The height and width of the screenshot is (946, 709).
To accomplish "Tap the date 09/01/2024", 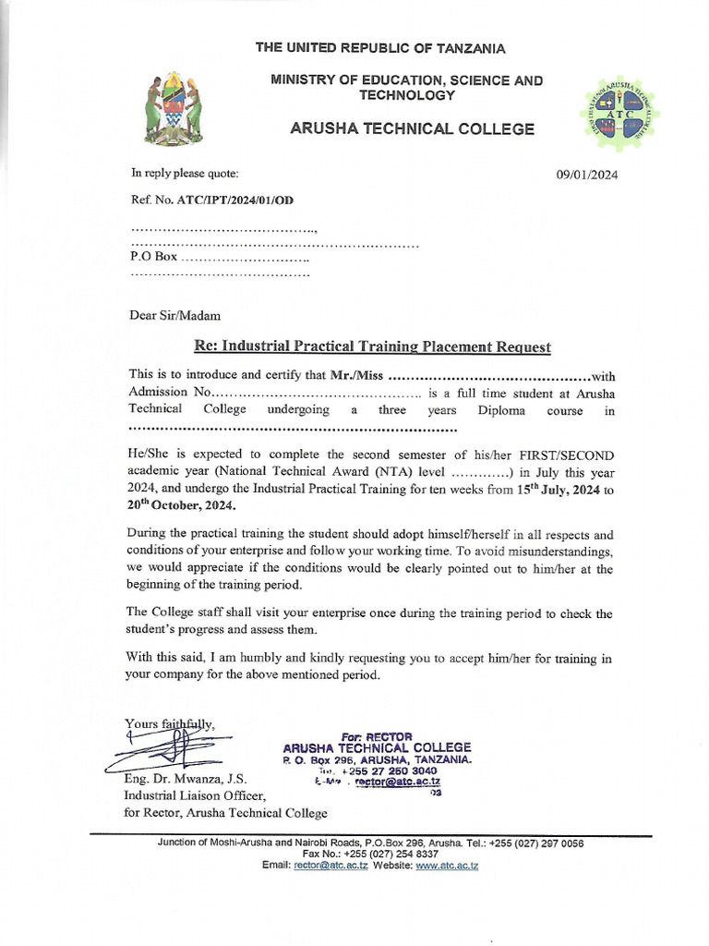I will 587,174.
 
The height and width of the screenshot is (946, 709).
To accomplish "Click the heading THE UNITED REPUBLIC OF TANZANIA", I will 380,48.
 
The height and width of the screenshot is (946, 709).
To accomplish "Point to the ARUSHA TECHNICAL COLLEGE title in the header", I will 412,129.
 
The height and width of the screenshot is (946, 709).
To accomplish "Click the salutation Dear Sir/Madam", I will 174,315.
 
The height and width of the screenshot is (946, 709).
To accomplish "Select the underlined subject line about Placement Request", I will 372,346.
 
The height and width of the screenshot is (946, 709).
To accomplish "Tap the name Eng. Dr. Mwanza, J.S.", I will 185,780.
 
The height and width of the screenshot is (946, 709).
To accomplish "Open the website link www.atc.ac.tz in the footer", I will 447,866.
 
